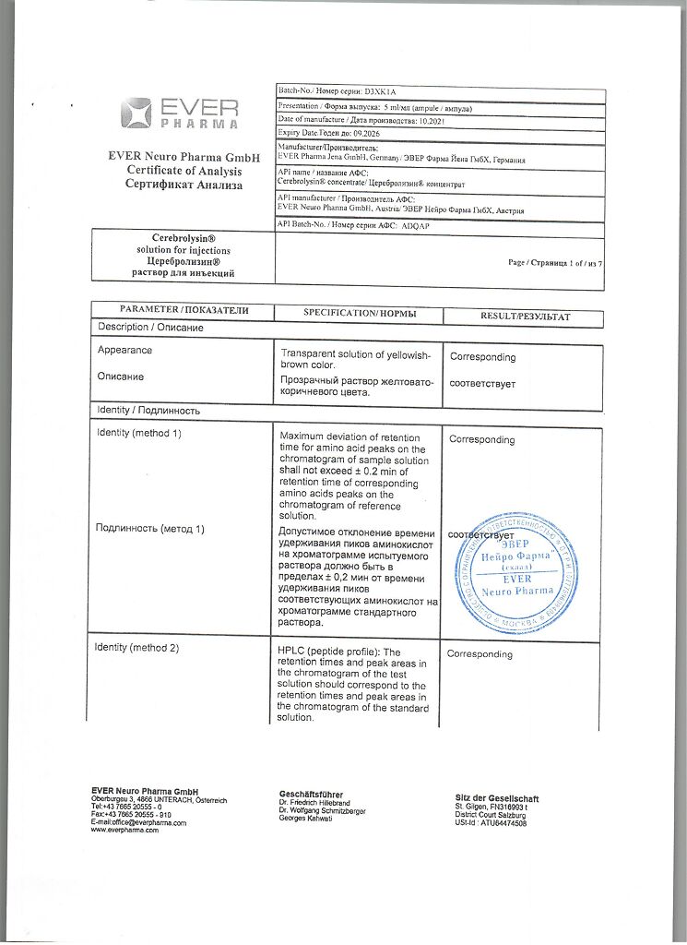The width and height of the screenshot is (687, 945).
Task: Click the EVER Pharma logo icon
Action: pos(136,114)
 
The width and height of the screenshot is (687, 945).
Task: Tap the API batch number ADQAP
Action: pos(423,225)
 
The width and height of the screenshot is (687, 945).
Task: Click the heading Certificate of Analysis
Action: pos(184,171)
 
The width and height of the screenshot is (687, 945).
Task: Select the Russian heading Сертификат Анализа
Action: pos(184,185)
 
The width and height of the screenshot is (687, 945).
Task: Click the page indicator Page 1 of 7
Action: pos(555,263)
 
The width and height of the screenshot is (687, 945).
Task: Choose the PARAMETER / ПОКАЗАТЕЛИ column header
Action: pos(184,311)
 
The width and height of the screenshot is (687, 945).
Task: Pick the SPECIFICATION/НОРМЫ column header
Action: pos(360,314)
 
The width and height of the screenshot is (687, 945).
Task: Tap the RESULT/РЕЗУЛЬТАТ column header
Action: pos(525,317)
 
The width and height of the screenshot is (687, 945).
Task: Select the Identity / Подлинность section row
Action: pos(148,410)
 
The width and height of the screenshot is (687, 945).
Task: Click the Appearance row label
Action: pos(124,351)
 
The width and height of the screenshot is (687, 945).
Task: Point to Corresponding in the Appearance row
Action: pos(482,357)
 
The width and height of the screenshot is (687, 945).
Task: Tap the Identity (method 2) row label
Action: pos(136,648)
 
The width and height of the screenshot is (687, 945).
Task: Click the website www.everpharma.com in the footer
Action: pos(124,831)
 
